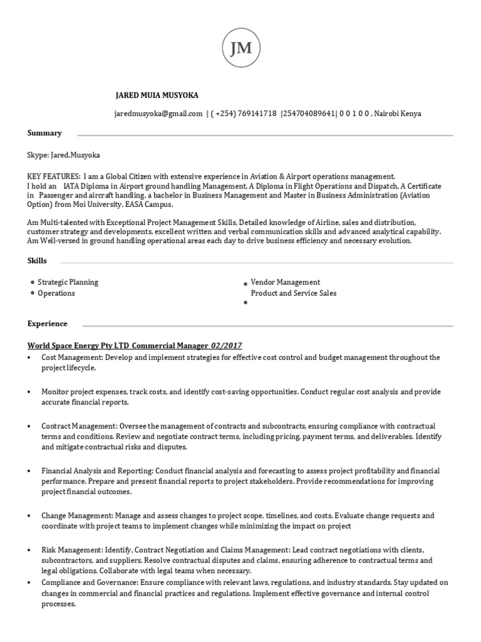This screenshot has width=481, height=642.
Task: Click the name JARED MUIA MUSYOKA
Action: click(157, 95)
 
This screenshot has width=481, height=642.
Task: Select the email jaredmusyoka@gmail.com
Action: click(158, 113)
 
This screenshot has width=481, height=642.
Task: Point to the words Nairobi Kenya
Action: click(398, 113)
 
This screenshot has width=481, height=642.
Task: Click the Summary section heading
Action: click(44, 133)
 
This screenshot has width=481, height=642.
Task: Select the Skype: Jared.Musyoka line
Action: click(64, 155)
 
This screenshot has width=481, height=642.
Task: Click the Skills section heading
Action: click(36, 260)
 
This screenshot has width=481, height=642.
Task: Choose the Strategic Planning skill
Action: click(68, 282)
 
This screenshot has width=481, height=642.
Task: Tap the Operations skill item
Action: click(56, 293)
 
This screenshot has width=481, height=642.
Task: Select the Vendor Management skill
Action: click(285, 282)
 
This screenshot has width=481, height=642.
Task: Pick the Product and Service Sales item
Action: click(293, 293)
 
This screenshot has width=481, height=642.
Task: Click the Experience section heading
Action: click(47, 324)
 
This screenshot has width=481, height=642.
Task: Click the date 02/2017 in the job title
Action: click(227, 345)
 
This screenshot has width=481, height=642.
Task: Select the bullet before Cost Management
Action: click(29, 357)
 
